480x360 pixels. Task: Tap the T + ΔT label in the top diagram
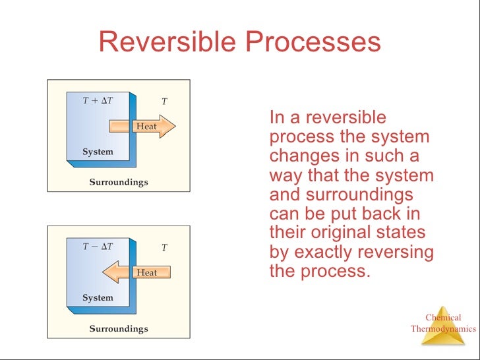(x=98, y=101)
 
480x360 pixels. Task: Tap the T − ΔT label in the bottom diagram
(x=98, y=247)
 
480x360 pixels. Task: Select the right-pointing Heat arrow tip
(x=169, y=126)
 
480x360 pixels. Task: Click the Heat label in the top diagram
(x=146, y=127)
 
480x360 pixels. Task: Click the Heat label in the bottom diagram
(x=146, y=272)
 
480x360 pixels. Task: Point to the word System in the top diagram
(x=98, y=152)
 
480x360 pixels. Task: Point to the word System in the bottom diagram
(x=98, y=298)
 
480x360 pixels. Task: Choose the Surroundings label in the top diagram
(x=119, y=182)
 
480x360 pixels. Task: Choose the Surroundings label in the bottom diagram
(x=119, y=328)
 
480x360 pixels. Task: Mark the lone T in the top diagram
(x=164, y=102)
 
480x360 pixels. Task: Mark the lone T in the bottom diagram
(x=164, y=248)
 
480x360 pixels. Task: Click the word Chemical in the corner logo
(x=443, y=318)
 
